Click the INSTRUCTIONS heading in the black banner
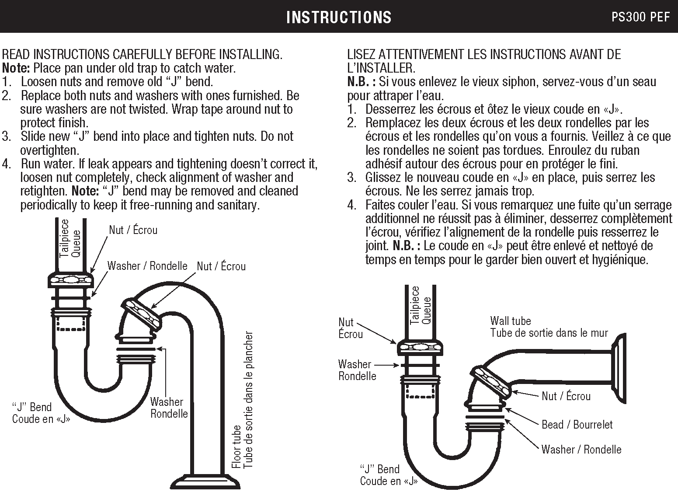[339, 17]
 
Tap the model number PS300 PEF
[640, 17]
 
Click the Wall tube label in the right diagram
[510, 321]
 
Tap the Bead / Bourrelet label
[577, 425]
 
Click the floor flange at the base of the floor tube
[205, 481]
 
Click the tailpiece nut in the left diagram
[70, 279]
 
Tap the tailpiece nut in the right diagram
[420, 348]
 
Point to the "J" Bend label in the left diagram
[32, 407]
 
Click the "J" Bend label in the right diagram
[380, 469]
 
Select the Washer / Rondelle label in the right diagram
[581, 449]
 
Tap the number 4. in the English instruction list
[6, 164]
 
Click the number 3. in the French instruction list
[352, 178]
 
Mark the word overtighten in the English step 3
[49, 150]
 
